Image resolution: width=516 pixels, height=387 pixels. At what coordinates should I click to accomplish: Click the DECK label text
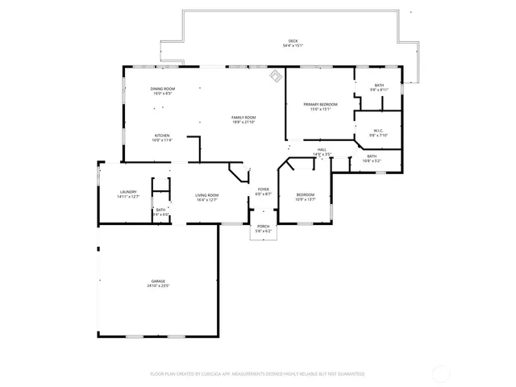click(293, 41)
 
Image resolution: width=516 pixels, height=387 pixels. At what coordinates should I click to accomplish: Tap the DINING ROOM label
click(163, 89)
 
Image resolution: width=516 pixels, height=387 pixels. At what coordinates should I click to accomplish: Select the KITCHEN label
click(162, 135)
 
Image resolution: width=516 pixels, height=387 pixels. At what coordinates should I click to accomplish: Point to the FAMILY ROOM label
click(243, 118)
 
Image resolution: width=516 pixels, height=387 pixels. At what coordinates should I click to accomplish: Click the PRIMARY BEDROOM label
click(320, 105)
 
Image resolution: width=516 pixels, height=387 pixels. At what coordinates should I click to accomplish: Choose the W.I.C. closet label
click(379, 131)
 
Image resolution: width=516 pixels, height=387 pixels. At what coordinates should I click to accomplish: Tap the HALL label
click(321, 150)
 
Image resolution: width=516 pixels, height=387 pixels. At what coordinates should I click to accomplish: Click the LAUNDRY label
click(128, 192)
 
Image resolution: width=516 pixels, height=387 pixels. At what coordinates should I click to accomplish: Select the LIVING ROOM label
click(207, 195)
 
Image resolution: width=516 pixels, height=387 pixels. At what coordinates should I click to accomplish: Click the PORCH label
click(264, 227)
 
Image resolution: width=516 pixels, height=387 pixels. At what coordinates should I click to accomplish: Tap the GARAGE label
click(157, 281)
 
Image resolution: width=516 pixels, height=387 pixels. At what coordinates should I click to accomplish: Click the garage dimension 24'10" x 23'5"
click(157, 286)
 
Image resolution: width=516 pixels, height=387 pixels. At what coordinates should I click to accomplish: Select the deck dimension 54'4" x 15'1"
click(293, 46)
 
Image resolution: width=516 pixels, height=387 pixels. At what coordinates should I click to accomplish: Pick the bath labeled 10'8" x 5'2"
click(372, 158)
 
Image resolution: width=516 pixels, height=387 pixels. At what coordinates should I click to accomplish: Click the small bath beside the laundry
click(161, 211)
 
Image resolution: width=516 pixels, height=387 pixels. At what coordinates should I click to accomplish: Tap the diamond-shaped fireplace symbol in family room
click(275, 77)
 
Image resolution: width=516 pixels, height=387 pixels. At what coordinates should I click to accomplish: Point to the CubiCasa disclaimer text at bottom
click(258, 374)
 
